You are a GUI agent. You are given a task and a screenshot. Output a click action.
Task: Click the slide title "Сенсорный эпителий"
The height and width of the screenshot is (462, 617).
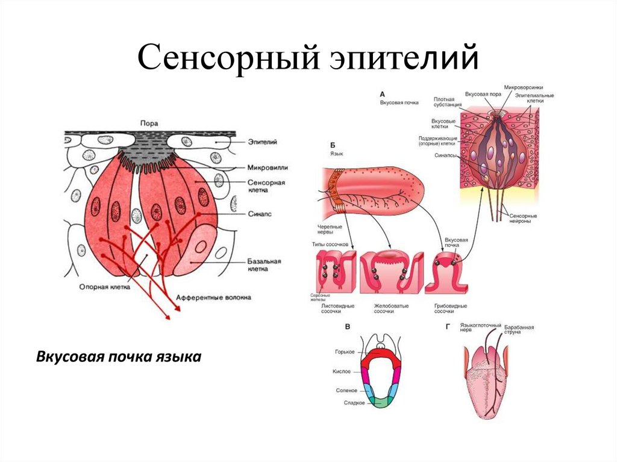point(308,60)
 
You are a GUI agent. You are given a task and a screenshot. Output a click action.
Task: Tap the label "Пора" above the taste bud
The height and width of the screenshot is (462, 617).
point(149,123)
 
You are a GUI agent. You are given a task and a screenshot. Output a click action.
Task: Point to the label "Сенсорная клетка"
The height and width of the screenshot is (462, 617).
point(266,186)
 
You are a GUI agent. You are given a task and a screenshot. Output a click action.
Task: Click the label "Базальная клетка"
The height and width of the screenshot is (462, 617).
point(265,266)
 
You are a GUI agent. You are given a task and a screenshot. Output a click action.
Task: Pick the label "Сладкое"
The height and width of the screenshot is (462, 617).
point(354,403)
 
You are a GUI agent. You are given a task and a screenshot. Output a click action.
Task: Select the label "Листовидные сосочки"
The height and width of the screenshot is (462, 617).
point(337,309)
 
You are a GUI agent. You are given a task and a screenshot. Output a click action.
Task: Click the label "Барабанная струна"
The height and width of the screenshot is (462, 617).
point(519,330)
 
